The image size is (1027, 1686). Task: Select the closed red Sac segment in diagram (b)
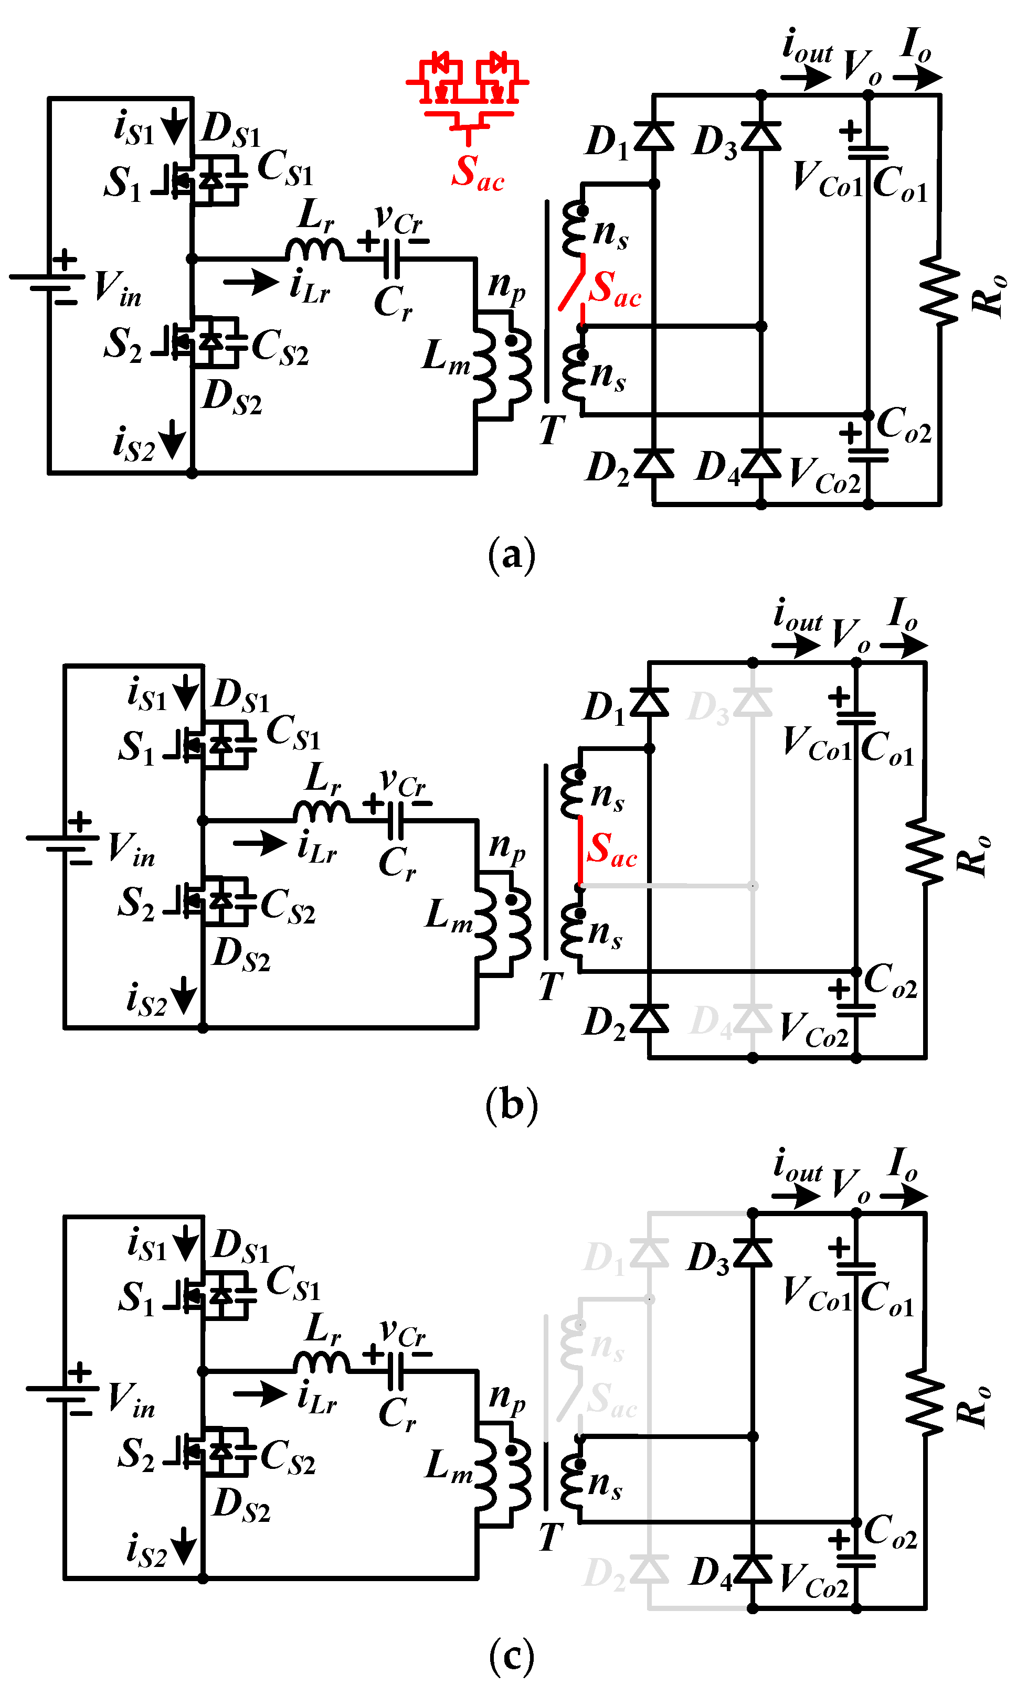pos(580,851)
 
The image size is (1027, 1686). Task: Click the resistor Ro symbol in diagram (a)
pos(939,291)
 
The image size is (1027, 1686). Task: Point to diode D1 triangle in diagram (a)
pos(654,135)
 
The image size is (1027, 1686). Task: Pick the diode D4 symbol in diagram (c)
pos(753,1569)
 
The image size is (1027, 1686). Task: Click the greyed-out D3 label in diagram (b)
pos(708,707)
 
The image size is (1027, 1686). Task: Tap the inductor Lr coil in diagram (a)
pos(314,250)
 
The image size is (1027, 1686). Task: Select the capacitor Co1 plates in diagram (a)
pos(867,153)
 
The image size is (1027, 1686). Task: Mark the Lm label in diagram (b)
pos(449,916)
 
